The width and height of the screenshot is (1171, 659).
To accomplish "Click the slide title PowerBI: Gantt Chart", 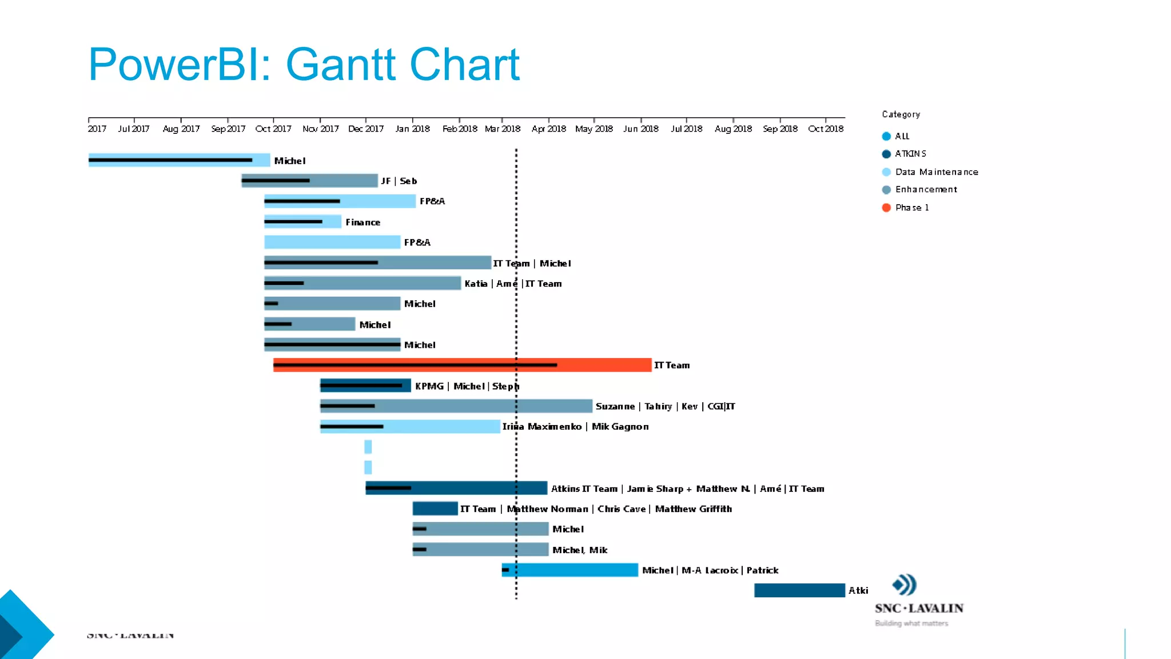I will click(304, 64).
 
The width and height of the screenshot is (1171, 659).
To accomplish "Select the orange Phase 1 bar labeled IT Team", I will click(462, 365).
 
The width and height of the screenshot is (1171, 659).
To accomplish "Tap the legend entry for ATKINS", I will click(910, 154).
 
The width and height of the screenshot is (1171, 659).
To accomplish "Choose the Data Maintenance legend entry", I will click(936, 172).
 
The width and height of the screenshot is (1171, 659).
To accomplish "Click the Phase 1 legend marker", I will click(886, 208).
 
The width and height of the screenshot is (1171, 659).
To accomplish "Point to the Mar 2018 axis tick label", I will click(503, 129).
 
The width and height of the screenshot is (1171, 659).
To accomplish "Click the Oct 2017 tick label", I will click(273, 129).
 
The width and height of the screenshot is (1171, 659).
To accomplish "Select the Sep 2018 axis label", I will click(780, 129).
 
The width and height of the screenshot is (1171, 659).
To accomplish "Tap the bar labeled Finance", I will click(302, 222).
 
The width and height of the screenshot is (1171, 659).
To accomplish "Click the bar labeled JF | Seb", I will click(309, 181).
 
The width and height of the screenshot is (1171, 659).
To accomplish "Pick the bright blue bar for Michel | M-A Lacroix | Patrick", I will click(569, 570).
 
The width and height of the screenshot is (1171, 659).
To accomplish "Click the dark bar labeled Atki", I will click(799, 590).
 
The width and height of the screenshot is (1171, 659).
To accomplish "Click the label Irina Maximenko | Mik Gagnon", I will click(575, 427).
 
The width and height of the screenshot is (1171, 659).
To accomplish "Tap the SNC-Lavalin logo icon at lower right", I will click(905, 585).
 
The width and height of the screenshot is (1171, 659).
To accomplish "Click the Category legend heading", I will click(901, 114).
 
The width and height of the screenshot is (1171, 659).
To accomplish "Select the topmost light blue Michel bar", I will click(179, 160).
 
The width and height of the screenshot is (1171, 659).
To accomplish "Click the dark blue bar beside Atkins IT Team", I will click(456, 488).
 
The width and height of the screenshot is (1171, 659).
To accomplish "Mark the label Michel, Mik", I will click(580, 550).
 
